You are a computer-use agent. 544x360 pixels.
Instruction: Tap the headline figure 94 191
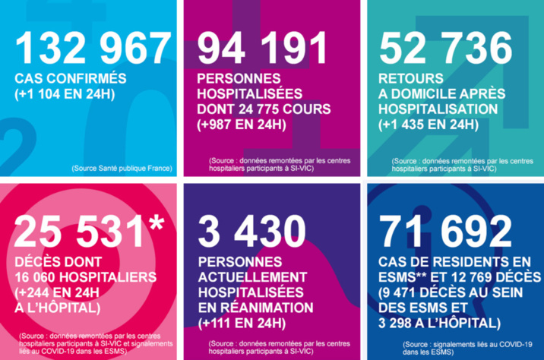[261, 49]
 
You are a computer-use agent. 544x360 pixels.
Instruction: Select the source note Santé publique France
[122, 168]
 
